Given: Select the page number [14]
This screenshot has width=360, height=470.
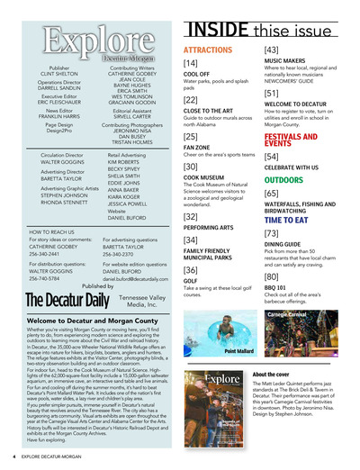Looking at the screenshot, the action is click(x=191, y=64).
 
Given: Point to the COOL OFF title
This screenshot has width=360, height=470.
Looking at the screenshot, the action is click(x=198, y=77).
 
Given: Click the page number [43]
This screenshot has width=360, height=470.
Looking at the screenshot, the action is click(x=271, y=49).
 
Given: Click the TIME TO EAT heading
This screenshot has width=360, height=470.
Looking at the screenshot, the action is click(x=287, y=219).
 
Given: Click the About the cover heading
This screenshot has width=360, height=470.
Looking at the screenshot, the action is click(x=271, y=373).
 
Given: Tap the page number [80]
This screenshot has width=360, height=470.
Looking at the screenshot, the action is click(x=271, y=276).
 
